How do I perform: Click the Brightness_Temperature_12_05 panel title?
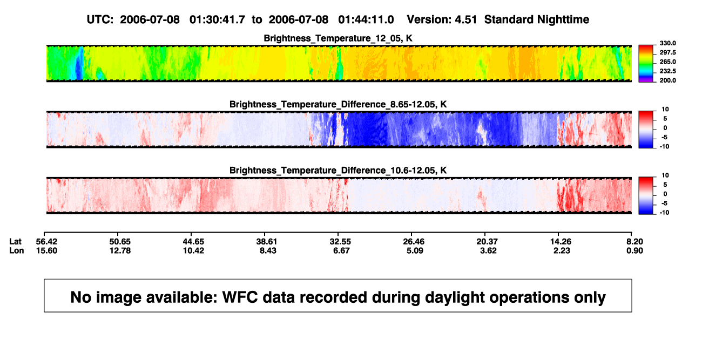click(x=338, y=38)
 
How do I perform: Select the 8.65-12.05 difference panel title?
click(x=338, y=104)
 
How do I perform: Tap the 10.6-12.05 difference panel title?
click(x=338, y=171)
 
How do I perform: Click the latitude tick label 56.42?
click(x=46, y=242)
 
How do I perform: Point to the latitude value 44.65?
click(x=193, y=242)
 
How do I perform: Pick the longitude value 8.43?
click(x=268, y=250)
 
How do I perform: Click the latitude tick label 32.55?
click(x=340, y=242)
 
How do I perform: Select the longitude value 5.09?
click(x=415, y=250)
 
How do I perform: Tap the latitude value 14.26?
click(x=561, y=242)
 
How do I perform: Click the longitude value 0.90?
click(x=634, y=250)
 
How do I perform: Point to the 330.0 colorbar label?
click(x=667, y=43)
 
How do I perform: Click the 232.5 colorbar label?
click(x=667, y=71)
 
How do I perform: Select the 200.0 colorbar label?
click(x=667, y=80)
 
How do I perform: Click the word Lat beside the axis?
click(x=15, y=242)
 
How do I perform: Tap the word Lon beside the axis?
click(x=17, y=250)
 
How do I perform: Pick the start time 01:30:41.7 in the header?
click(x=217, y=20)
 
